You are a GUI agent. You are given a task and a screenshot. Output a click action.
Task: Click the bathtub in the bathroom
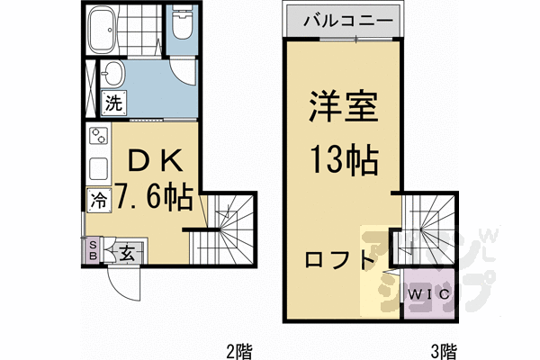[103, 30]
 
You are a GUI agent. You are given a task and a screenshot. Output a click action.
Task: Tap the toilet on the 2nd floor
[183, 22]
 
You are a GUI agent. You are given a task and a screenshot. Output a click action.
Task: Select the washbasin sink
[112, 74]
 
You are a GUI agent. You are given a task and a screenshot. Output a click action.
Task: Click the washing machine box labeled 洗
[113, 103]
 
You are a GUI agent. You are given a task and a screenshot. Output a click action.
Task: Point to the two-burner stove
[99, 135]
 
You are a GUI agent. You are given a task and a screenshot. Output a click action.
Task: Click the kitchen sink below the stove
[99, 169]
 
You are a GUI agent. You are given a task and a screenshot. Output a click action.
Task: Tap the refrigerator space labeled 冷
[99, 200]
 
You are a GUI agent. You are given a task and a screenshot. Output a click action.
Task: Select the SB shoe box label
[93, 250]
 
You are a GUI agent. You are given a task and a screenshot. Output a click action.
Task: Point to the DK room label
[155, 162]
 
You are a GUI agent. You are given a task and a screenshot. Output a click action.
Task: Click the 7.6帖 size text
[154, 198]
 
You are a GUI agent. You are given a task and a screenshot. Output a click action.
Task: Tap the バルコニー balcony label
[347, 21]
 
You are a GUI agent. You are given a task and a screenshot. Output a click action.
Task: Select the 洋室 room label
[344, 106]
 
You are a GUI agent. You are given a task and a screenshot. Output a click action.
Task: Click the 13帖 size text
[345, 160]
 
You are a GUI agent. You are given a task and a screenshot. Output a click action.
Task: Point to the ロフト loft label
[339, 260]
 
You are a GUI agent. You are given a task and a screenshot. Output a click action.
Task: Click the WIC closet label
[429, 294]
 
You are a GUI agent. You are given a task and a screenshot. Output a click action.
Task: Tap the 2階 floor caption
[239, 351]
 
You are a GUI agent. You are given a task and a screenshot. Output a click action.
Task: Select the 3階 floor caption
[445, 351]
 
